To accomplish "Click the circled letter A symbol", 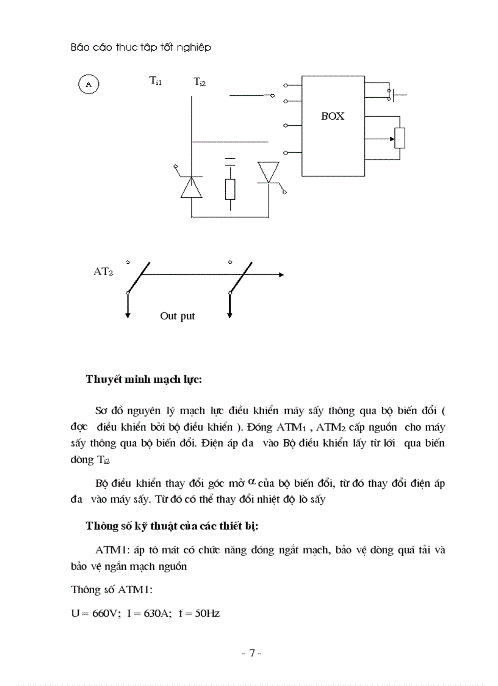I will tap(88, 84).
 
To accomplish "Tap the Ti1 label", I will tap(156, 81).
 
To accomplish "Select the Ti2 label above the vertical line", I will tap(200, 81).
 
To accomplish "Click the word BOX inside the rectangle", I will tap(333, 116).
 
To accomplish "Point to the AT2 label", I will tap(103, 272).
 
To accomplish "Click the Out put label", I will tap(178, 316).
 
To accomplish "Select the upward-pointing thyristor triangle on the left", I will tap(192, 187).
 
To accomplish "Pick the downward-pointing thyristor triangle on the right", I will tap(269, 172).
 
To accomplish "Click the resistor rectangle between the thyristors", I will tap(230, 189).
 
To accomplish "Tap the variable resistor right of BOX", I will tap(400, 138).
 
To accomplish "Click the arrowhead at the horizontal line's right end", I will tap(281, 275).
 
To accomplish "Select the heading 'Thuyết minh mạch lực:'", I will tap(144, 379).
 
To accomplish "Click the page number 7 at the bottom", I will tap(251, 653).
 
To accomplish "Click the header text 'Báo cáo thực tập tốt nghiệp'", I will tap(141, 47).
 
